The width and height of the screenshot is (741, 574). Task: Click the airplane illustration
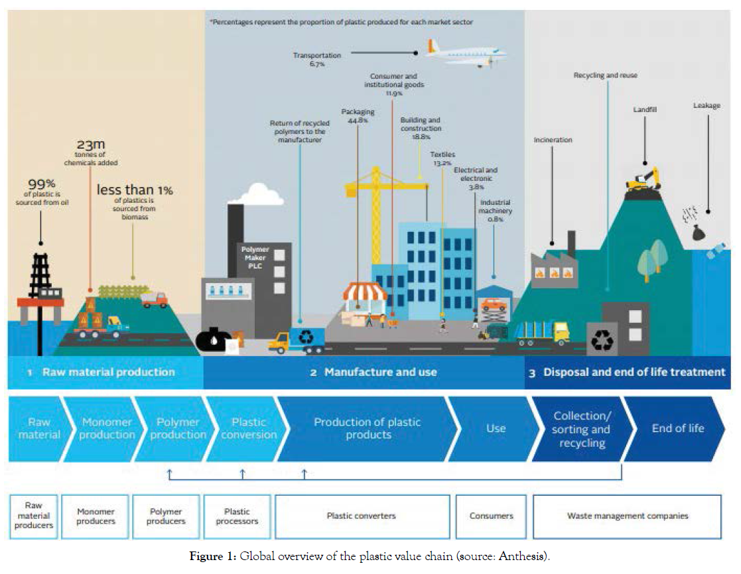[466, 53]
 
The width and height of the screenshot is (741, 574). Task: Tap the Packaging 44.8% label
[358, 116]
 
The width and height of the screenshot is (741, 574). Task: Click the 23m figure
[90, 145]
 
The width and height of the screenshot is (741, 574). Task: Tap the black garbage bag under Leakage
[699, 233]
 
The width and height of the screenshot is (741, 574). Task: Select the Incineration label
[553, 141]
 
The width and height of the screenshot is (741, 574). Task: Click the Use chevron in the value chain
[496, 428]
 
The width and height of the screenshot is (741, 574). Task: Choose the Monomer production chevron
[107, 428]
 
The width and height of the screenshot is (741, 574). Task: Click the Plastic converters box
[361, 516]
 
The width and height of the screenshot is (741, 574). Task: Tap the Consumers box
[491, 516]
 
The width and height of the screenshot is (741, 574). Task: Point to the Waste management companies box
[627, 516]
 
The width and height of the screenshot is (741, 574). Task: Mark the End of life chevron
[677, 428]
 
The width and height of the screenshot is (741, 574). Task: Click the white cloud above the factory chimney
[255, 194]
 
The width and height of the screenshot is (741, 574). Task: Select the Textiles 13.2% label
[443, 158]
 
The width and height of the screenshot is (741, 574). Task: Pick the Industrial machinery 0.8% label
[495, 211]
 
